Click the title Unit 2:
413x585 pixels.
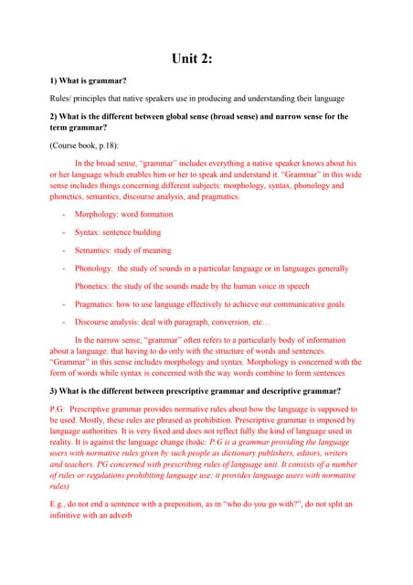(206, 58)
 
